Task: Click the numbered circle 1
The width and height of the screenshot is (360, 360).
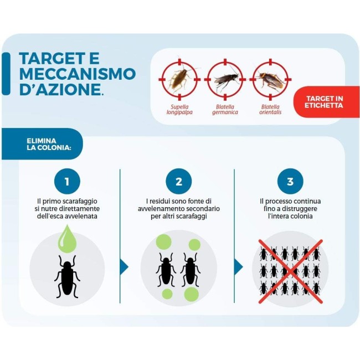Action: pos(67,181)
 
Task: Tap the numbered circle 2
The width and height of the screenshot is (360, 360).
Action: pos(179,181)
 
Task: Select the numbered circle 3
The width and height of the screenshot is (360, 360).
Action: pos(290,181)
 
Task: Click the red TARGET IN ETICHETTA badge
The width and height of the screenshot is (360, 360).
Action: pos(326,102)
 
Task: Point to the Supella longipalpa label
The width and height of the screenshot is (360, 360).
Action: pos(179,110)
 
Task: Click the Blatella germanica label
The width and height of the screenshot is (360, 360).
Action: pos(225,110)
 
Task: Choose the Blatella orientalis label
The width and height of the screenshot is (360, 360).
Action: pos(270,110)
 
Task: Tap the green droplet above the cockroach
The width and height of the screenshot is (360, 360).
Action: pos(67,239)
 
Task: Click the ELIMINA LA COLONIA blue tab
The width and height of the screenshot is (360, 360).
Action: pos(42,144)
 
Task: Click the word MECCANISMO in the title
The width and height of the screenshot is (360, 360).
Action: pos(78,74)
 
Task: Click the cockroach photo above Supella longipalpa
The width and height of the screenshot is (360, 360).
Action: pos(179,79)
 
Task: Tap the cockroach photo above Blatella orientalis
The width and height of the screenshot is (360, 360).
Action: pos(270,81)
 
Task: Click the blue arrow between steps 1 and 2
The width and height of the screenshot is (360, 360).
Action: pos(124,267)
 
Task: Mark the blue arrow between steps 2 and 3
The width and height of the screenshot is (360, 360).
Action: pos(238,267)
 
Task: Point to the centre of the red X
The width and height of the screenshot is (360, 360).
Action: pos(291,271)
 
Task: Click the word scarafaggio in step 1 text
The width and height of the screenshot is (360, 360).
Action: pos(80,202)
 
